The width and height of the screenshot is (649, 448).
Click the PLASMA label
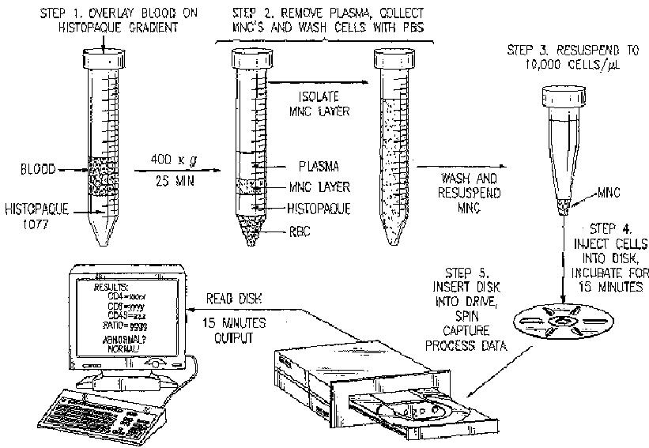(x=320, y=167)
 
